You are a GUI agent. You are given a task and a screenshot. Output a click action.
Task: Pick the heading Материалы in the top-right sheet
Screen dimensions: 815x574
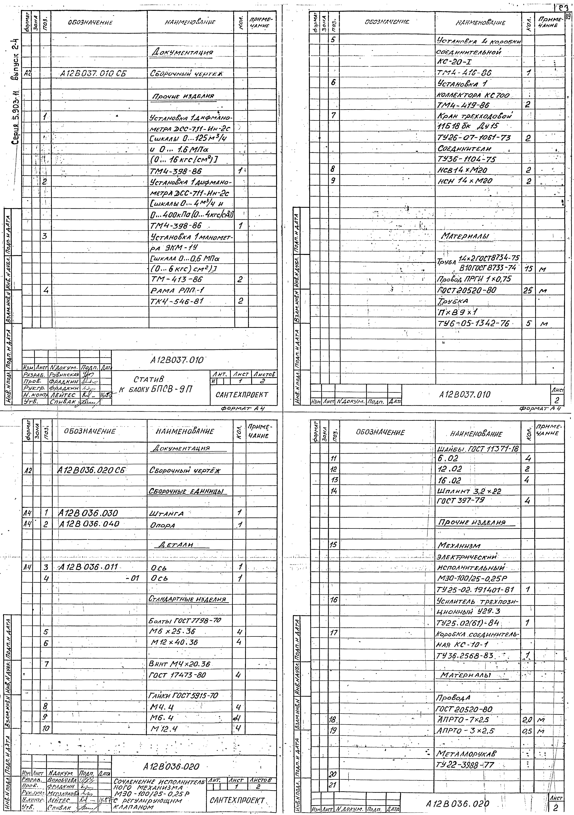(465, 236)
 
